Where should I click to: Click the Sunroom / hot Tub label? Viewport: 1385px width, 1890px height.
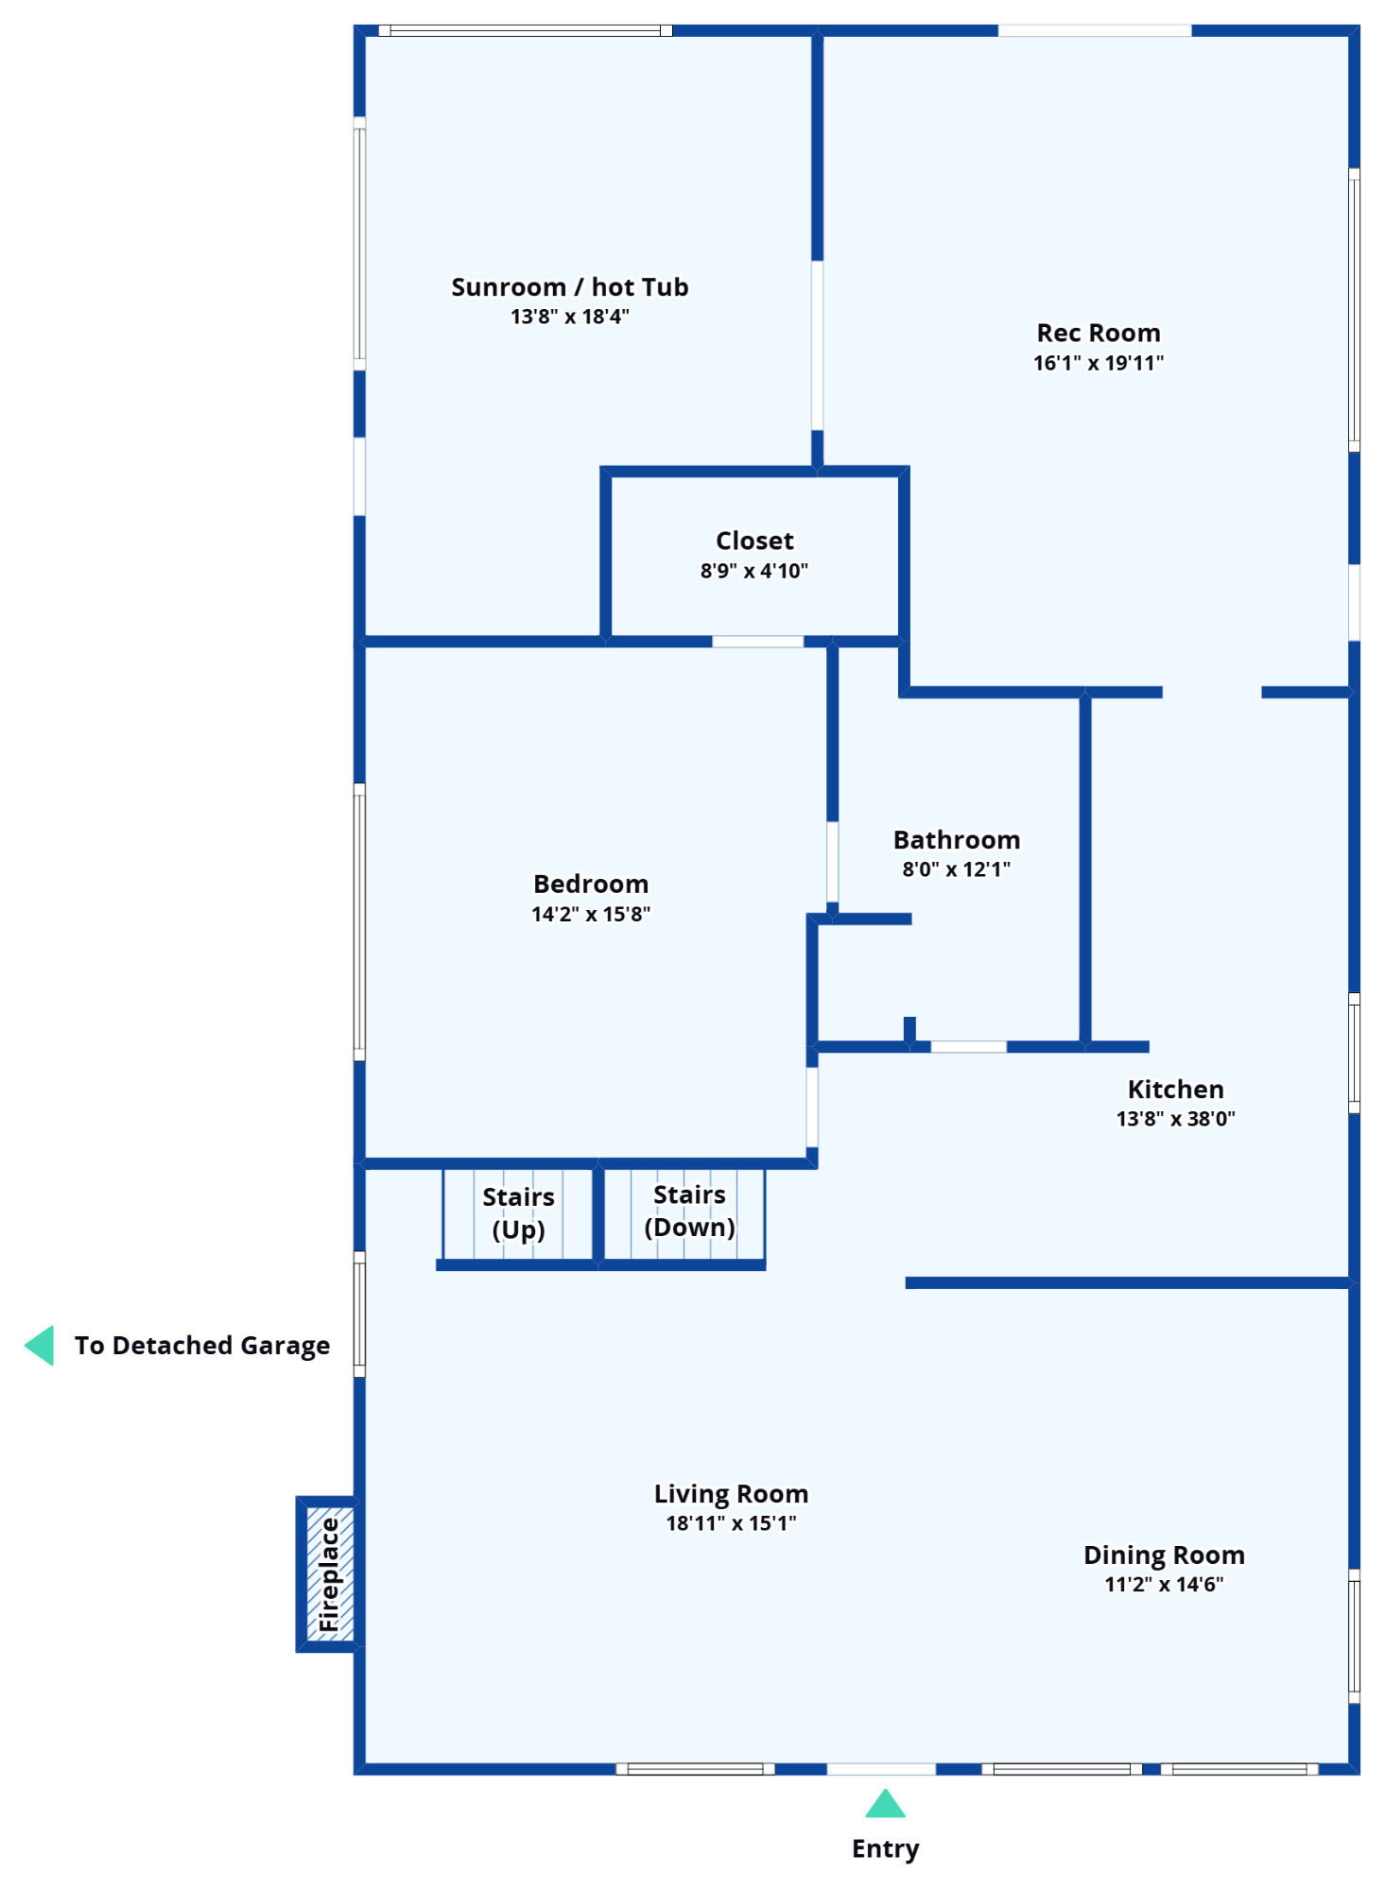tap(569, 287)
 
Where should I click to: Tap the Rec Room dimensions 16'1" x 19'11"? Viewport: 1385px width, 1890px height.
tap(1098, 363)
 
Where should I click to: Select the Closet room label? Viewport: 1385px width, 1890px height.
tap(754, 541)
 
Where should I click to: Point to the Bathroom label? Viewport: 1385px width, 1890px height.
tap(956, 840)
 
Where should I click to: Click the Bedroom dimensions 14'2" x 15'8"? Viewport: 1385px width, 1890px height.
tap(591, 914)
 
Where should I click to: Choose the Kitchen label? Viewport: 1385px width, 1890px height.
tap(1175, 1090)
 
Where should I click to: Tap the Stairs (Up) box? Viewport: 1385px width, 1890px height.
tap(518, 1214)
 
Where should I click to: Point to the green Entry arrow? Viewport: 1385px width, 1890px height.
tap(885, 1804)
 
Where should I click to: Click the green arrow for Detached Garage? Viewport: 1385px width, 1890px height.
tap(40, 1345)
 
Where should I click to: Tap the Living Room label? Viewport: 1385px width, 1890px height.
tap(731, 1494)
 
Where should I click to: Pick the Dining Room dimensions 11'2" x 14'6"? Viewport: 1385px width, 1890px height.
tap(1164, 1585)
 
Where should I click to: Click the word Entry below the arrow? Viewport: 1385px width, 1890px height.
tap(885, 1848)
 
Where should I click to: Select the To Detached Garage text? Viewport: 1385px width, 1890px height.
tap(202, 1345)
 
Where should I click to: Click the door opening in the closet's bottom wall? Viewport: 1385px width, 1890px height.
tap(757, 642)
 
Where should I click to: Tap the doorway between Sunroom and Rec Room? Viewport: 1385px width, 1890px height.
tap(817, 345)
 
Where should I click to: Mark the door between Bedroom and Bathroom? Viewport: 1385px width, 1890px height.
tap(832, 862)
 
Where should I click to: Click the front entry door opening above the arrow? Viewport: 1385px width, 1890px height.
tap(881, 1769)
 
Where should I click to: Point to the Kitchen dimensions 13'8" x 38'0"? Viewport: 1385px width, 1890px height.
tap(1175, 1119)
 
